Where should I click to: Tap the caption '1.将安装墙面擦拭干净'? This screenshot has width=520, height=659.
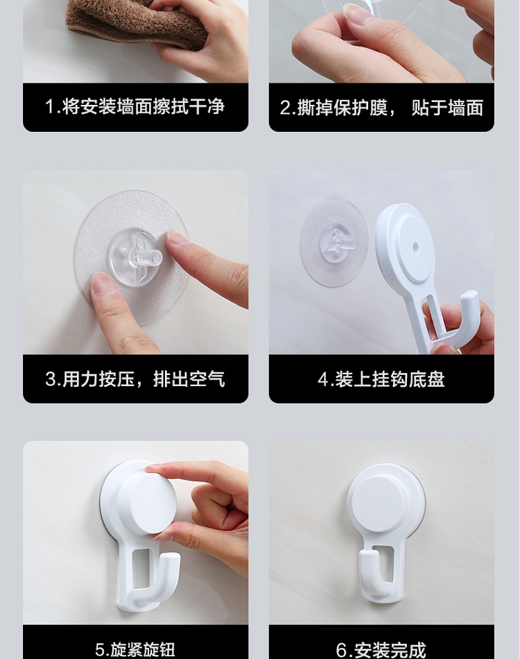coord(135,107)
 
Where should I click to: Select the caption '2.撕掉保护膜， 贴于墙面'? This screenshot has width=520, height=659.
coord(381,108)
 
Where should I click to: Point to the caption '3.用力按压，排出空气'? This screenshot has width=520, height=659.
coord(135,378)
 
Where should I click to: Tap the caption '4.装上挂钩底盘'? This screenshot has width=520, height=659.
coord(381,379)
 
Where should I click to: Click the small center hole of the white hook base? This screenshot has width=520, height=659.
coord(415,246)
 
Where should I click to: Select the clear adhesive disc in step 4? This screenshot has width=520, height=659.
coord(334,242)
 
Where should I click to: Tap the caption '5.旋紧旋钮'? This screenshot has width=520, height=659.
coord(135,650)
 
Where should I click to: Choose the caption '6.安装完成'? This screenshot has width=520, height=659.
coord(381,650)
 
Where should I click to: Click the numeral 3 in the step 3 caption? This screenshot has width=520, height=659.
coord(51,379)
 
